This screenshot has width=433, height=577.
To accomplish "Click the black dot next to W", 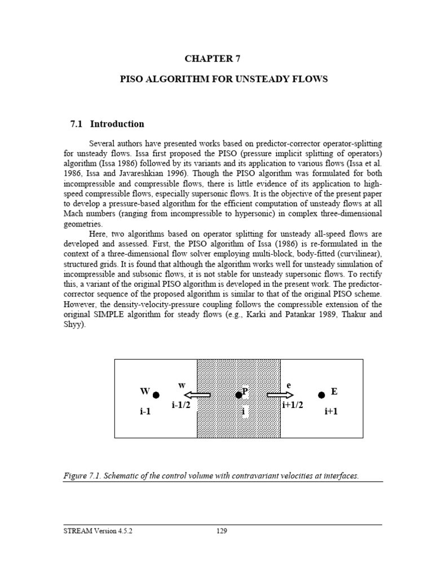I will coord(156,396).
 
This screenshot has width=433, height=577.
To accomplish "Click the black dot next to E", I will coord(321,395).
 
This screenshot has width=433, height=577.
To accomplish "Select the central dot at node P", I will coord(238,394).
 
